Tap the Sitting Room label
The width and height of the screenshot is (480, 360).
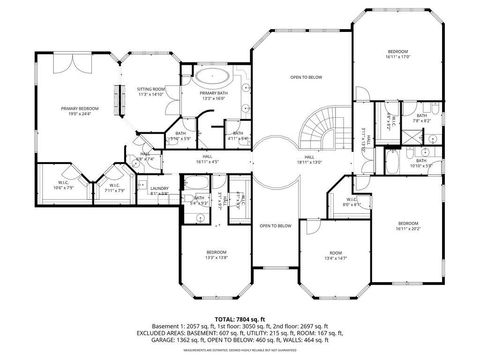click(151, 92)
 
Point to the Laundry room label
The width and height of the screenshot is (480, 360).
click(158, 189)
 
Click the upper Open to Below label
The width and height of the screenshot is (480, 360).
click(305, 77)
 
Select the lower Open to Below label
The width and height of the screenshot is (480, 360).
click(275, 226)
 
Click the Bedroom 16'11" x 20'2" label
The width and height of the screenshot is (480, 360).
click(408, 225)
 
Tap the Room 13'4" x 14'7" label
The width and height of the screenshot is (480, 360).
click(335, 255)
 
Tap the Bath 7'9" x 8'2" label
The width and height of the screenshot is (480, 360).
click(421, 118)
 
